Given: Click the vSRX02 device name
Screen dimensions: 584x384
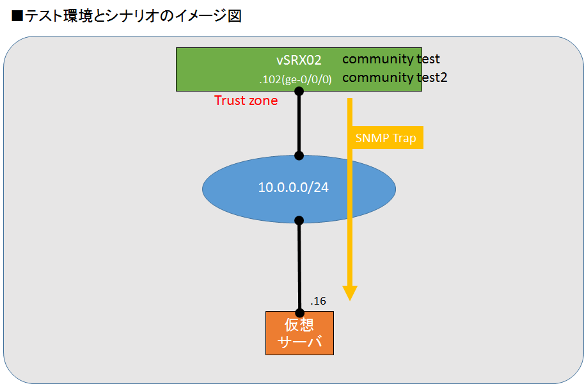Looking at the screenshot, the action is pyautogui.click(x=299, y=60).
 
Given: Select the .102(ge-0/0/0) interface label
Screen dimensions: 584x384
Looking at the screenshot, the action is pyautogui.click(x=296, y=79).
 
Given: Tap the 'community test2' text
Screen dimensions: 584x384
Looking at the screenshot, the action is pyautogui.click(x=395, y=77).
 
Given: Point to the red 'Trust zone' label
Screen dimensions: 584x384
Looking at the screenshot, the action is pyautogui.click(x=246, y=100).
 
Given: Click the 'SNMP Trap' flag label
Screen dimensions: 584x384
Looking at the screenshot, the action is pyautogui.click(x=386, y=138).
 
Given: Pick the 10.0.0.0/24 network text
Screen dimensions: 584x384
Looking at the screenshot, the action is pyautogui.click(x=294, y=187).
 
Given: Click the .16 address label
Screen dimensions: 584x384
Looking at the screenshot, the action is pyautogui.click(x=318, y=301).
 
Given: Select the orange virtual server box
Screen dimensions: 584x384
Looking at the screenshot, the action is pyautogui.click(x=299, y=333).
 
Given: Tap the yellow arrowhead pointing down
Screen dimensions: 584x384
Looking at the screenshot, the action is pyautogui.click(x=350, y=293).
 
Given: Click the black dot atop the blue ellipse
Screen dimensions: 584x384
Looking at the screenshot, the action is pyautogui.click(x=299, y=156).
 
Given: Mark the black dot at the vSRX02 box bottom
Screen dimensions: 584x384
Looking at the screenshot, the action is pyautogui.click(x=299, y=91).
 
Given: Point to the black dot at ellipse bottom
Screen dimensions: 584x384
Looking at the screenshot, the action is pyautogui.click(x=299, y=220).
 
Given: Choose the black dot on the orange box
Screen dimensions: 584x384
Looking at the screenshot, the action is pyautogui.click(x=300, y=313).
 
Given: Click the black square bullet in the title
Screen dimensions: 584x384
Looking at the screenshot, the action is pyautogui.click(x=17, y=17).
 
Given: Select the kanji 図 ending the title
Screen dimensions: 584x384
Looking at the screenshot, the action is pyautogui.click(x=235, y=16).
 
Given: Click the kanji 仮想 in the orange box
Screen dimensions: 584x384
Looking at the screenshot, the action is pyautogui.click(x=299, y=324).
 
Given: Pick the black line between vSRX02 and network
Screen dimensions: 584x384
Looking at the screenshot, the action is pyautogui.click(x=299, y=124).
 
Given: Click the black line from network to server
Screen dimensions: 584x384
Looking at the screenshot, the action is pyautogui.click(x=299, y=267).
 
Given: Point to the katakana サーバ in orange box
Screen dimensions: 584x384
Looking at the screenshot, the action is pyautogui.click(x=299, y=342).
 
